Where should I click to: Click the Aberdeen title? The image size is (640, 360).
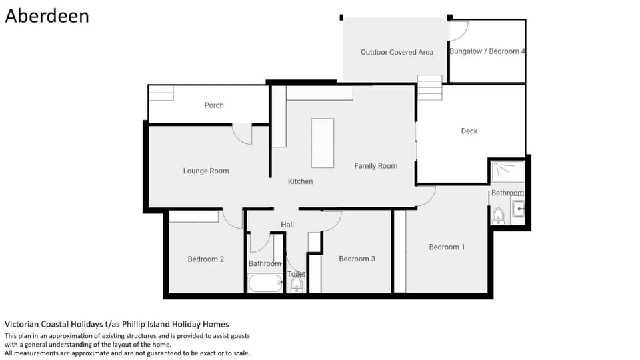[x=47, y=16]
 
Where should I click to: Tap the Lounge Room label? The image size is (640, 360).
[x=206, y=171]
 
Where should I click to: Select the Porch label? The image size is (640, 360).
[x=214, y=105]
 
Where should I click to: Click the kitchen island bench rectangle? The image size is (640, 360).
[x=323, y=143]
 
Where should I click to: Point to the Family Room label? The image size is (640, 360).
[x=375, y=166]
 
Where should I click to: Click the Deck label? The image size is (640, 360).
[x=469, y=131]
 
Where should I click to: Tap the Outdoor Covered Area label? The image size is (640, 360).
[x=397, y=52]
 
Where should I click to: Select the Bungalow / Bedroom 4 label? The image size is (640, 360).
[x=487, y=51]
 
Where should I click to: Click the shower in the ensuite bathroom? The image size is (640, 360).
[x=507, y=171]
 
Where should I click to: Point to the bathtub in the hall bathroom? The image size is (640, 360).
[x=265, y=283]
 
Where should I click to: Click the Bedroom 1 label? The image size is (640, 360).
[x=447, y=247]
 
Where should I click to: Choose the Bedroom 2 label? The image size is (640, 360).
[x=206, y=259]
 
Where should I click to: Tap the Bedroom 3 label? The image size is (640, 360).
[x=357, y=259]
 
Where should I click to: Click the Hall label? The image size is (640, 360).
[x=287, y=225]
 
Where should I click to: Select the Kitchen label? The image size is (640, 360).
[x=301, y=181]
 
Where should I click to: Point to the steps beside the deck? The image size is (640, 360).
[x=429, y=87]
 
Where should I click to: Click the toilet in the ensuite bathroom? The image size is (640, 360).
[x=498, y=216]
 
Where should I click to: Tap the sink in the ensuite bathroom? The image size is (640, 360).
[x=519, y=209]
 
